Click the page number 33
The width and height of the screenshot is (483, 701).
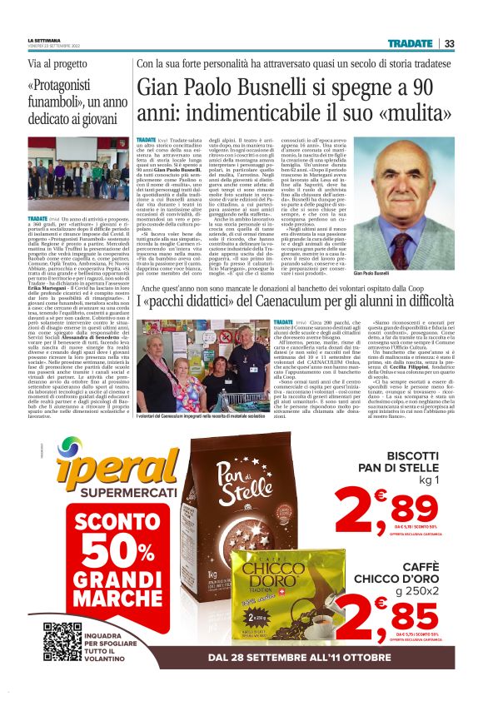tap(450, 43)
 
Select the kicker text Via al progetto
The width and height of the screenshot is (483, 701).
tap(57, 63)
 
